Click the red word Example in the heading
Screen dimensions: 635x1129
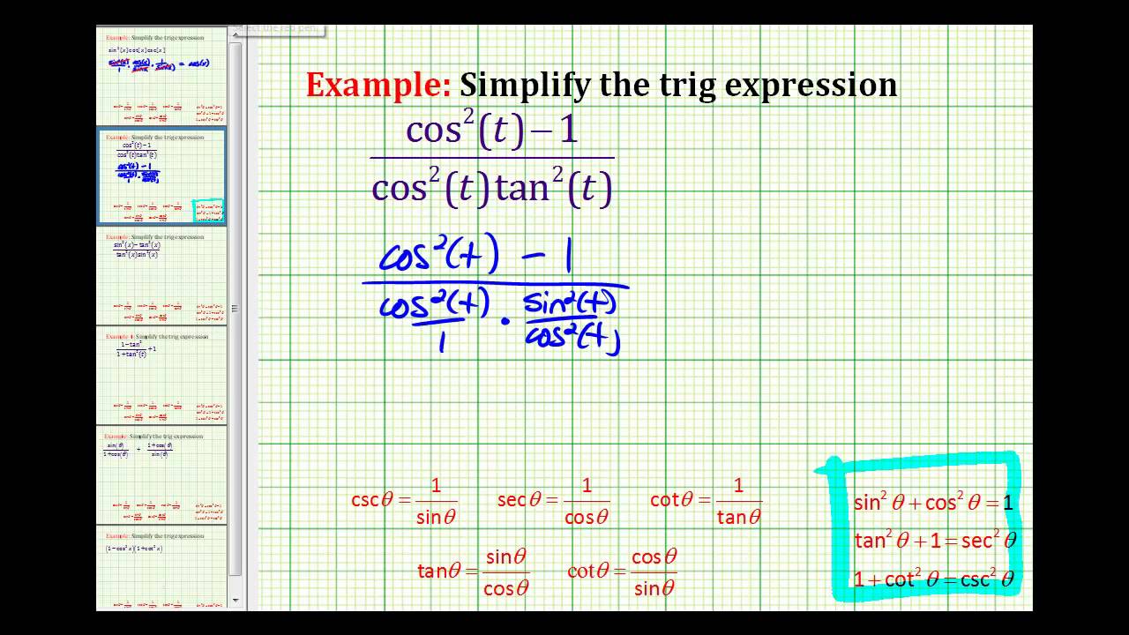378,86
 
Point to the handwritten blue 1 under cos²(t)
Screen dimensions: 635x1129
441,340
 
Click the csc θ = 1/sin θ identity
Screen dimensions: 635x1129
403,501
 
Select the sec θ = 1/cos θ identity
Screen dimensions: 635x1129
552,501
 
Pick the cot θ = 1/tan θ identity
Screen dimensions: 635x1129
706,501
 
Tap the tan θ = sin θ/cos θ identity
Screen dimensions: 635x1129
473,572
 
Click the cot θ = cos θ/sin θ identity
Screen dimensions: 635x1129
623,572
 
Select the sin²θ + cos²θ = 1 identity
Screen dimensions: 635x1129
933,503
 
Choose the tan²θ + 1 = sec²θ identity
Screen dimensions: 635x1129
935,540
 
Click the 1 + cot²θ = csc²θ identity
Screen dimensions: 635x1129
933,579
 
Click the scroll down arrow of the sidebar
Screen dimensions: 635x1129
236,601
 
